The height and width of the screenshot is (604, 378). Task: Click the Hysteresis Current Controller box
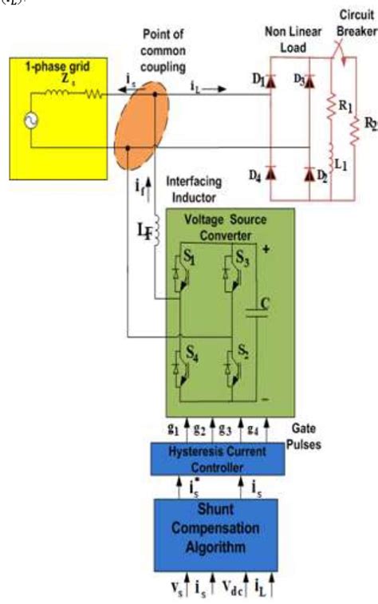[x=218, y=458]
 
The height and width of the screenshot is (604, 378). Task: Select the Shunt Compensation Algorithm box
[x=218, y=527]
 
